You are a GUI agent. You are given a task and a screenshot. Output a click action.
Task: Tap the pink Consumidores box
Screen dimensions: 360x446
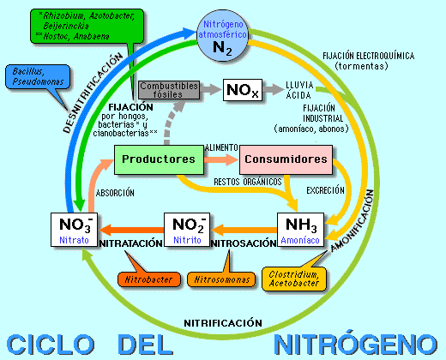(285, 159)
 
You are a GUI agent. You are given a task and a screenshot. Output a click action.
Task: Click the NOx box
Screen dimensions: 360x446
(242, 90)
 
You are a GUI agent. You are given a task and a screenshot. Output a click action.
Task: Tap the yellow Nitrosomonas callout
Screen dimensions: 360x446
(223, 279)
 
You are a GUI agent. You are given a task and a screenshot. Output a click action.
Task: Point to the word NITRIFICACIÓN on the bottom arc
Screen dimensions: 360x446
(223, 322)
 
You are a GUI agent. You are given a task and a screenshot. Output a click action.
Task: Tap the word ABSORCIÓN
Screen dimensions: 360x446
(115, 192)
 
